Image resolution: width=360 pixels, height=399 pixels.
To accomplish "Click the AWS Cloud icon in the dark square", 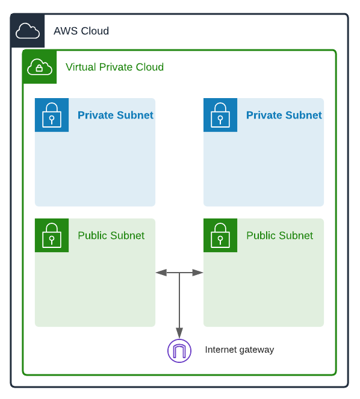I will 28,31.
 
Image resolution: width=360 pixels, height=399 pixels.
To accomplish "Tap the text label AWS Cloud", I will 81,31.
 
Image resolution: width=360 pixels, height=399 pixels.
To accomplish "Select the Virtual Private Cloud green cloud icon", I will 40,66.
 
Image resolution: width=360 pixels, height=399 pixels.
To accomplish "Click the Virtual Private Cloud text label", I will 114,67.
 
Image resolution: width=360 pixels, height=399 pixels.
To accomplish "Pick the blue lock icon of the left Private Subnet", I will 52,115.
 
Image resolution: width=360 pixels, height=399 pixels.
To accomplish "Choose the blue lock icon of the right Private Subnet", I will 220,115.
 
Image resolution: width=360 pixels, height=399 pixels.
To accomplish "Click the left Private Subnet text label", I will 115,115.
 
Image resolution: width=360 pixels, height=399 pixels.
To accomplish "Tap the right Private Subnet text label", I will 284,115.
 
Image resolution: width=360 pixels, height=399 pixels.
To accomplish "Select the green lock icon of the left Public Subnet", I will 52,235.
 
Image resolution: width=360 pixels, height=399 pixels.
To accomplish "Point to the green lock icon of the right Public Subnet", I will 220,235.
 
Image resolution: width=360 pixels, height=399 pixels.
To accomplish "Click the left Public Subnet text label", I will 111,235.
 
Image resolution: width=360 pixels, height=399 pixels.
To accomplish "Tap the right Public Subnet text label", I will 279,235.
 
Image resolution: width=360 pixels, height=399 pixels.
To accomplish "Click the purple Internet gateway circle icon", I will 179,351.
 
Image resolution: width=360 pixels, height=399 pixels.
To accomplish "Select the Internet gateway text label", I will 239,350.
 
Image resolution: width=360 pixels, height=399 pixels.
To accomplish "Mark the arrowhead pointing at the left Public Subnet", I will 161,273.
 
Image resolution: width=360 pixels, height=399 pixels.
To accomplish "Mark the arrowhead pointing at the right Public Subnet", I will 198,273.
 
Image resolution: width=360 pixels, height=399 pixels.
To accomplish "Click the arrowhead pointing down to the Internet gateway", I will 179,333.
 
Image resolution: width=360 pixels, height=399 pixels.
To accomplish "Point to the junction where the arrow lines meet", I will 179,273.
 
